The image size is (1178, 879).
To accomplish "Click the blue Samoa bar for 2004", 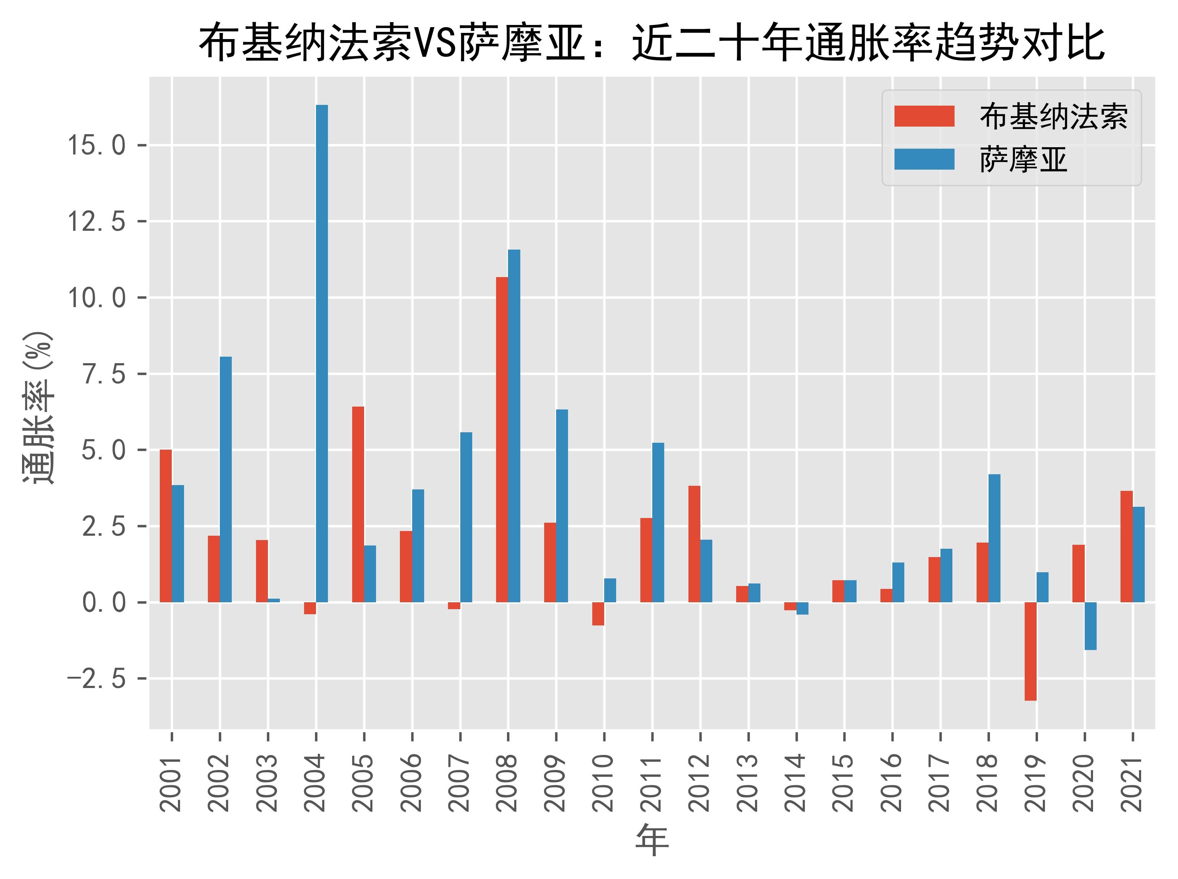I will [x=322, y=353].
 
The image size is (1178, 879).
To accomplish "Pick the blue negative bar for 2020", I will [x=1090, y=626].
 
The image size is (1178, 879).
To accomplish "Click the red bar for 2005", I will [x=358, y=504].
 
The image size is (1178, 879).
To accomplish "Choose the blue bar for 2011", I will [x=658, y=522].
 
